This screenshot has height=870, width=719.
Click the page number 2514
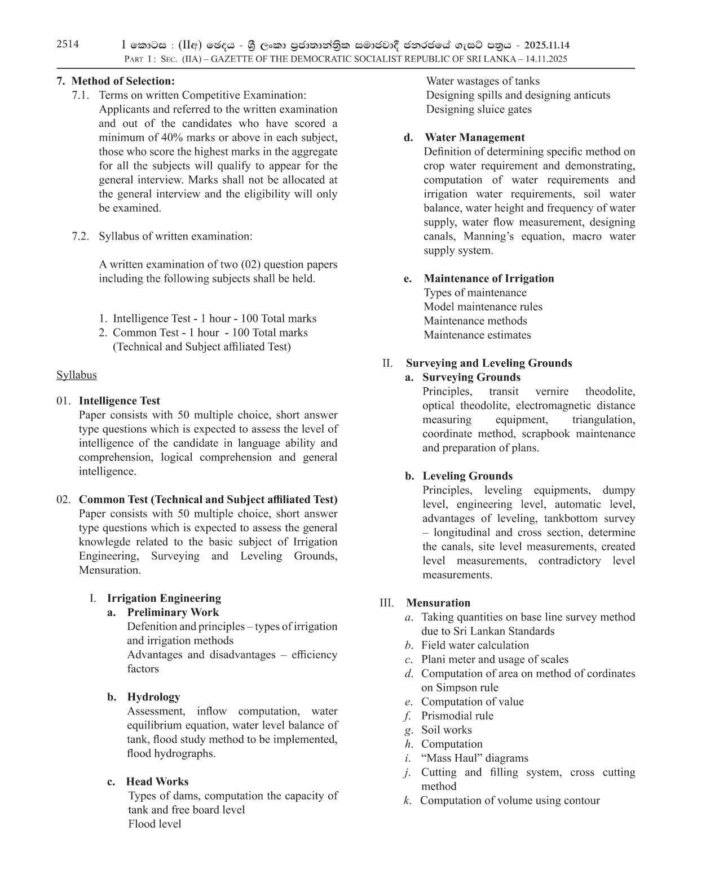pyautogui.click(x=68, y=45)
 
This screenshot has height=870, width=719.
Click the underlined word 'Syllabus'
pyautogui.click(x=76, y=375)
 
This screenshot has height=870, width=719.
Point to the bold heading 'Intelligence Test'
pyautogui.click(x=119, y=401)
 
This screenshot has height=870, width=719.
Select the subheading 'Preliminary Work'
pyautogui.click(x=173, y=612)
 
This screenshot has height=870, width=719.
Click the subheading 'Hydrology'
pyautogui.click(x=153, y=697)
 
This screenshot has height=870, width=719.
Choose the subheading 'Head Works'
pyautogui.click(x=157, y=782)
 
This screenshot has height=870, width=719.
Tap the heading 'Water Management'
pyautogui.click(x=474, y=137)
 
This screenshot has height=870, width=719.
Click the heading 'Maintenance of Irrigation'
pyautogui.click(x=488, y=278)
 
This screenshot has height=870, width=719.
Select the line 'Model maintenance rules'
pyautogui.click(x=483, y=307)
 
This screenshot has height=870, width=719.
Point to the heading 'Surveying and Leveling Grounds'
pyautogui.click(x=488, y=363)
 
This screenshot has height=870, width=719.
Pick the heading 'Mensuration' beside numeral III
pyautogui.click(x=438, y=603)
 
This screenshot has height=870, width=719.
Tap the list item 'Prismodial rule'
pyautogui.click(x=457, y=716)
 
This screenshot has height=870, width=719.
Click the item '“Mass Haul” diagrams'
pyautogui.click(x=474, y=758)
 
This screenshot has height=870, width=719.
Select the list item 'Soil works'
pyautogui.click(x=446, y=730)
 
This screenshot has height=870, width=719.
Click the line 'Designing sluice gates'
pyautogui.click(x=478, y=109)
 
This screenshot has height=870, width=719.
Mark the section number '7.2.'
pyautogui.click(x=81, y=236)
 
